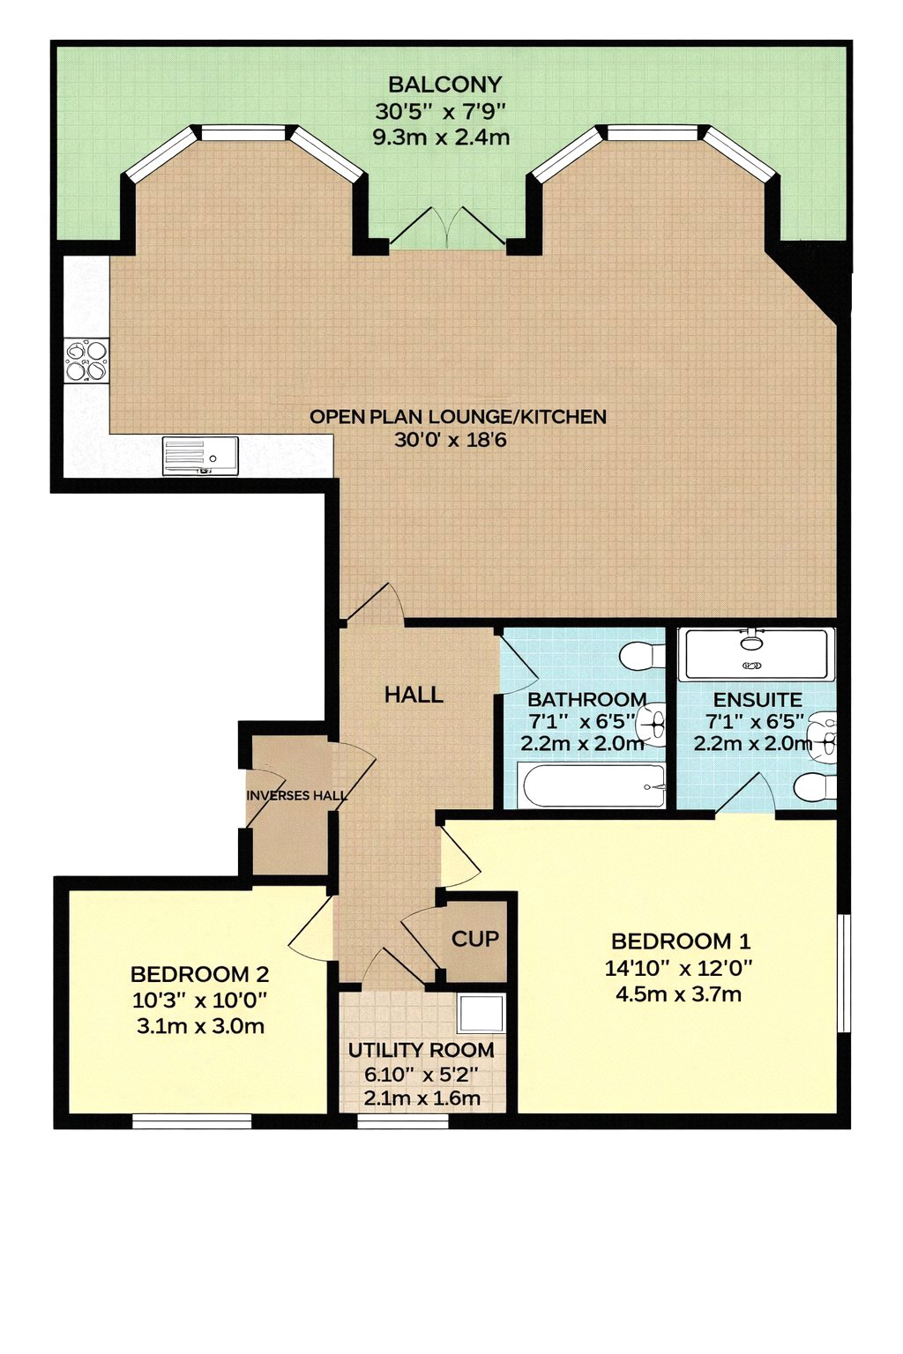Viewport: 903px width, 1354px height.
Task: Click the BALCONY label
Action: click(444, 85)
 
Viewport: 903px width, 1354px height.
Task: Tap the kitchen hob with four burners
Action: click(86, 361)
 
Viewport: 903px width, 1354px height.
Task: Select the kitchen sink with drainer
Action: click(200, 456)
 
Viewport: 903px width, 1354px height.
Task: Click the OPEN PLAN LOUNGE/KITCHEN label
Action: click(458, 416)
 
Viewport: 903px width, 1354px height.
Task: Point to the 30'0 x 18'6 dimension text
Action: click(450, 440)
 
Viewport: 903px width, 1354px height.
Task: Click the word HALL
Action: click(414, 696)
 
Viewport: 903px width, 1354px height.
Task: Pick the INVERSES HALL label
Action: click(297, 795)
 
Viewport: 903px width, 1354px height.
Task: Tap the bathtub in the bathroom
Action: click(592, 785)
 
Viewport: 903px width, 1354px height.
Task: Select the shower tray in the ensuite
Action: click(756, 653)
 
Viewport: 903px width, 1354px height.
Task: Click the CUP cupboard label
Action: click(475, 939)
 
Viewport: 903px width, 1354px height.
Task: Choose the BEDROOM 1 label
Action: click(681, 941)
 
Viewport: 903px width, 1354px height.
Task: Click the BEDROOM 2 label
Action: click(199, 974)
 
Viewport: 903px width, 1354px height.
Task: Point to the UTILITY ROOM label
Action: click(421, 1051)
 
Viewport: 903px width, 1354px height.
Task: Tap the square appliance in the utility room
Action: click(481, 1014)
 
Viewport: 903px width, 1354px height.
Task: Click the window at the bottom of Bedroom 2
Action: click(191, 1121)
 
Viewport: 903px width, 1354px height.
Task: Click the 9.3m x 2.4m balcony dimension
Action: click(441, 138)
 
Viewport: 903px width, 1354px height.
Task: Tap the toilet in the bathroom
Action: click(642, 654)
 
